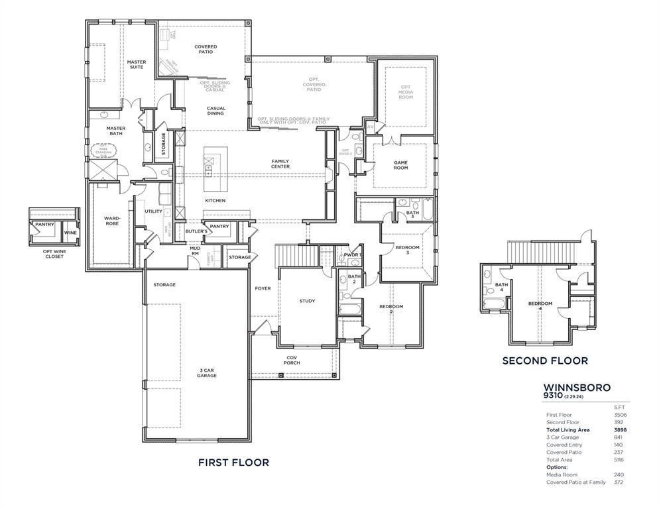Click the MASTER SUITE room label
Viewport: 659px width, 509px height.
click(x=137, y=64)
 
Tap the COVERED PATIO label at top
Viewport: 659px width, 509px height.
click(x=206, y=49)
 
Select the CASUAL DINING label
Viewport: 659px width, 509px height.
click(x=215, y=111)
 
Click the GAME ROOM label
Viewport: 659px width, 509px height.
click(x=401, y=165)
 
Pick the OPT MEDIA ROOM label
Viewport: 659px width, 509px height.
click(x=405, y=92)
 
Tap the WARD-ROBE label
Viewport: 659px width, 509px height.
click(x=111, y=221)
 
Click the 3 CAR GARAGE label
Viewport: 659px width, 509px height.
click(x=207, y=372)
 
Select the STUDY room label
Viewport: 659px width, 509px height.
click(x=307, y=301)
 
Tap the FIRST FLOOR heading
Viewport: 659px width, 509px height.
click(x=233, y=463)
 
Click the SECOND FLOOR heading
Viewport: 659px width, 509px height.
click(x=544, y=361)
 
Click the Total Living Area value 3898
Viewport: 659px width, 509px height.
click(x=620, y=429)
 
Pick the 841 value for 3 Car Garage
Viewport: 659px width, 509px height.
click(x=619, y=437)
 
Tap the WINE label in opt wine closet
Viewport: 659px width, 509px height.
click(x=70, y=233)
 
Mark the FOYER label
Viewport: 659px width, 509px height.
click(x=263, y=288)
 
